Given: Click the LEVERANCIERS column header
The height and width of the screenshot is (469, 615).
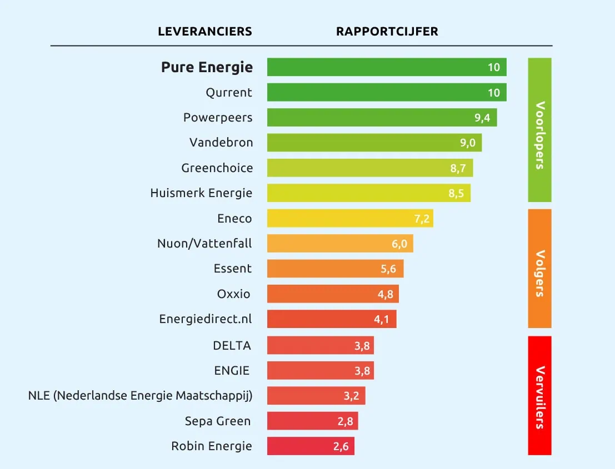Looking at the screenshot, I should click(x=205, y=32).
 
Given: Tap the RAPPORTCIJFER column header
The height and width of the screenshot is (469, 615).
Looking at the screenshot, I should click(x=387, y=32).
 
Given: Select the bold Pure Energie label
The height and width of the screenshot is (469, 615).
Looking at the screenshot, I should click(x=207, y=68).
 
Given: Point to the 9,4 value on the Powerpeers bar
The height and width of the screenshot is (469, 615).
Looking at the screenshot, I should click(x=482, y=118).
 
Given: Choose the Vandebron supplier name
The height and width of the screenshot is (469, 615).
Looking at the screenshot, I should click(x=221, y=143).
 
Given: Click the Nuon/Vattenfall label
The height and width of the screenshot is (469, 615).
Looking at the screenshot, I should click(x=204, y=243).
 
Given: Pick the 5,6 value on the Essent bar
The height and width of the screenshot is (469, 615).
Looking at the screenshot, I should click(x=388, y=269).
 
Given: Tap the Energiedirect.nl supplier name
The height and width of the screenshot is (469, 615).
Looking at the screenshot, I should click(x=205, y=319).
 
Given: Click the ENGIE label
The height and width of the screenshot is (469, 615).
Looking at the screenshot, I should click(x=232, y=370).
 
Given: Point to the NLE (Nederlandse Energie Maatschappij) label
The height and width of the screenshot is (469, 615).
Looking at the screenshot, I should click(x=140, y=396).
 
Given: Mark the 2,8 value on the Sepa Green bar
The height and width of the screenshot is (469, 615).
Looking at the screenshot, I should click(x=345, y=421).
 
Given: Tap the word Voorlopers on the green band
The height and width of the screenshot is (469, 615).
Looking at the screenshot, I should click(x=539, y=135).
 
